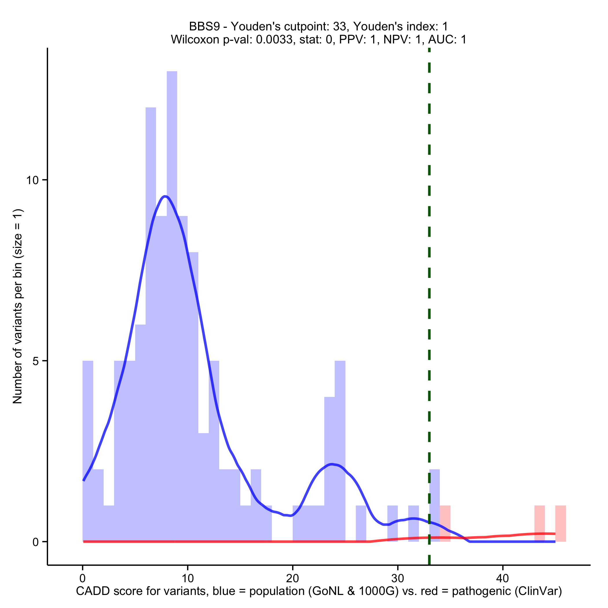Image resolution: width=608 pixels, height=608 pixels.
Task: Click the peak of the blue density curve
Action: click(166, 196)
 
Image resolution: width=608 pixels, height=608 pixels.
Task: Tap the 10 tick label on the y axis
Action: click(32, 180)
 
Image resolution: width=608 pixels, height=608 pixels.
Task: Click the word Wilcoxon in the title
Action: click(195, 40)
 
